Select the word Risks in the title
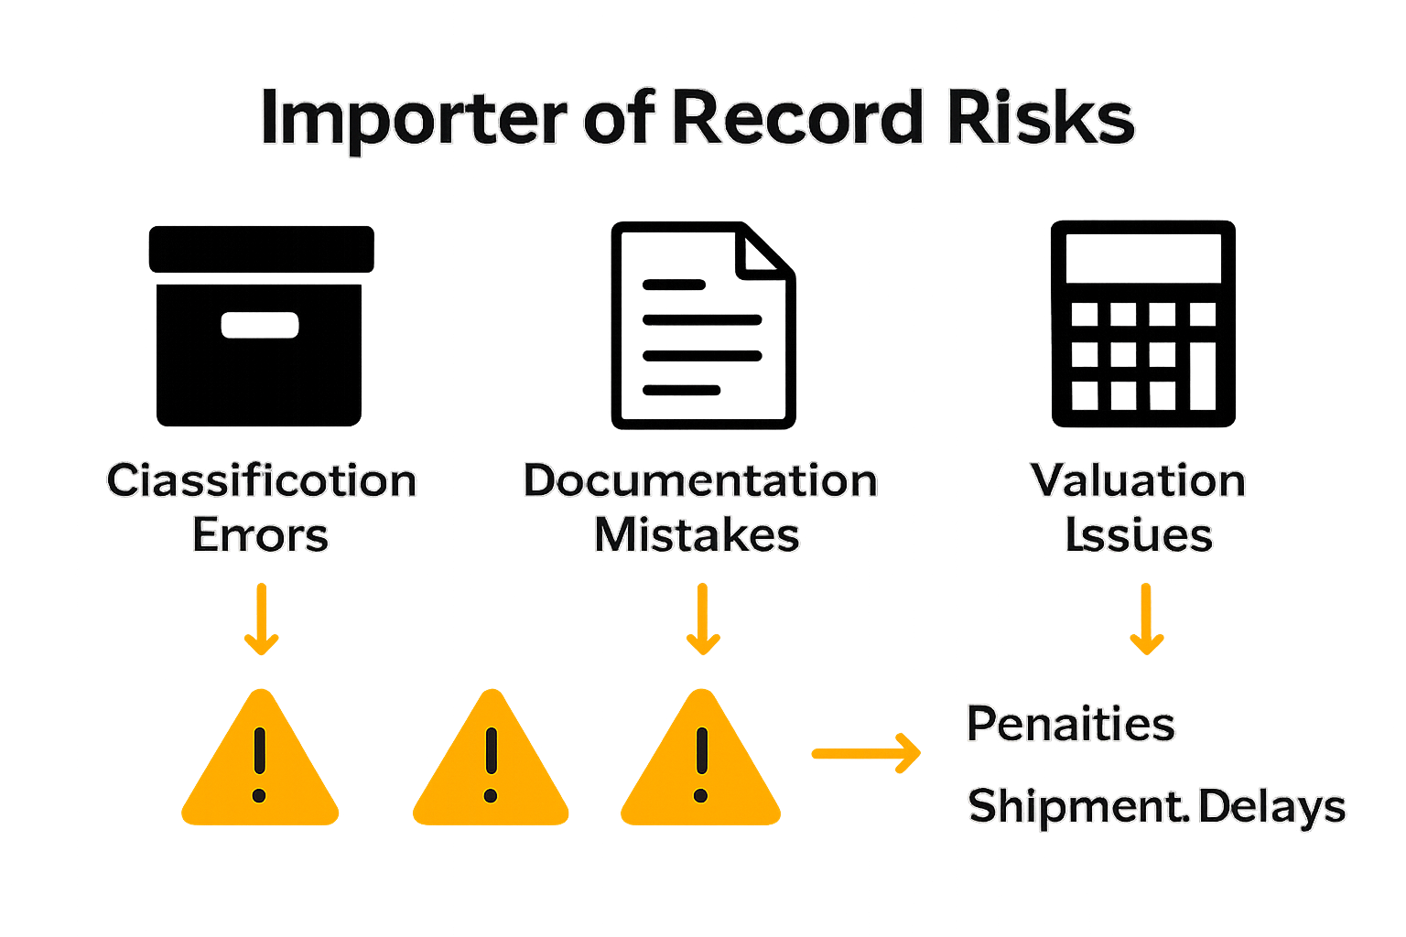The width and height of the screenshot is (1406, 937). coord(1041,117)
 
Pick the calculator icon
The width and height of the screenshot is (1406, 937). coord(1142,324)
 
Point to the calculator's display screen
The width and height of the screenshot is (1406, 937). coord(1142,256)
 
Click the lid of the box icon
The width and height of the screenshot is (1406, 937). coord(261,249)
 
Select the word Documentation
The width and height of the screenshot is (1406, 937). coord(700,480)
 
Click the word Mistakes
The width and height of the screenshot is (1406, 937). coord(697,535)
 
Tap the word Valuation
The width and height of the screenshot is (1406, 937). coord(1138,480)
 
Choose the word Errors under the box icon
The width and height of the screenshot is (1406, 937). coord(260,535)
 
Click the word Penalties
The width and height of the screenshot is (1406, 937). coord(1070,724)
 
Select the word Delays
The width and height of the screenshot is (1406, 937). coord(1271,806)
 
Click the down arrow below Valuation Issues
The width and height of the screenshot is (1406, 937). coord(1145,619)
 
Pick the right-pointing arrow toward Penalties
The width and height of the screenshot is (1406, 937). coord(866,753)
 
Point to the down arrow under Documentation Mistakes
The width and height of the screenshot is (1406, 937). coord(702,619)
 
